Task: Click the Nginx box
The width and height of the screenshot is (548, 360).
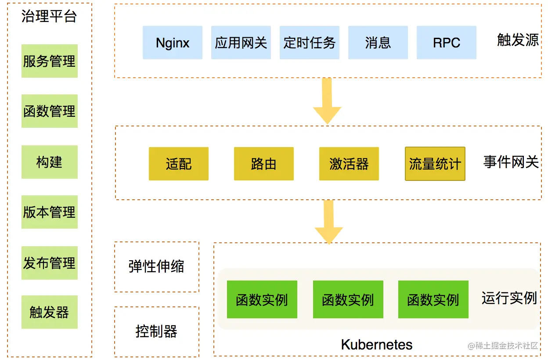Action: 173,43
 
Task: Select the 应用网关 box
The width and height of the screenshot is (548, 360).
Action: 241,43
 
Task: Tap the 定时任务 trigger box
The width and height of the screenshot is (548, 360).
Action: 309,43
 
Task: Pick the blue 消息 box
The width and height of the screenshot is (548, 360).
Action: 378,43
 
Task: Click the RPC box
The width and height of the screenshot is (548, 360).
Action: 446,43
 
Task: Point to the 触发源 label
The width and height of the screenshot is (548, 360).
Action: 518,40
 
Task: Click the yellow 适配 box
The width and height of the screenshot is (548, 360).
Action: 179,164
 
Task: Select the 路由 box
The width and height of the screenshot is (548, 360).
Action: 263,164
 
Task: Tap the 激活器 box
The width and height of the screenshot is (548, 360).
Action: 349,164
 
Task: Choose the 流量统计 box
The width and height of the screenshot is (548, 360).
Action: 435,164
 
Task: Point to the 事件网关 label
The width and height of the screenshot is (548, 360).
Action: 511,162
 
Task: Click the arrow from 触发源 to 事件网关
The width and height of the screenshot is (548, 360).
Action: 327,101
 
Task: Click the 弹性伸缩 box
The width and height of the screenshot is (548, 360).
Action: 156,266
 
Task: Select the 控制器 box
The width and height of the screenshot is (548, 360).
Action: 156,331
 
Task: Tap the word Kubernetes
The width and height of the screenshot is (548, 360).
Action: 377,345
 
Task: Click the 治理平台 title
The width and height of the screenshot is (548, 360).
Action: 49,17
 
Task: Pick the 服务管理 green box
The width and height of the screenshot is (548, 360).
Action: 50,61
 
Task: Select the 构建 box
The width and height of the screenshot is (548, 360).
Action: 50,162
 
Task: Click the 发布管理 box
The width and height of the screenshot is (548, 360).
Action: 50,263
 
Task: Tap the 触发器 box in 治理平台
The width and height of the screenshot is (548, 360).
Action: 50,312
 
